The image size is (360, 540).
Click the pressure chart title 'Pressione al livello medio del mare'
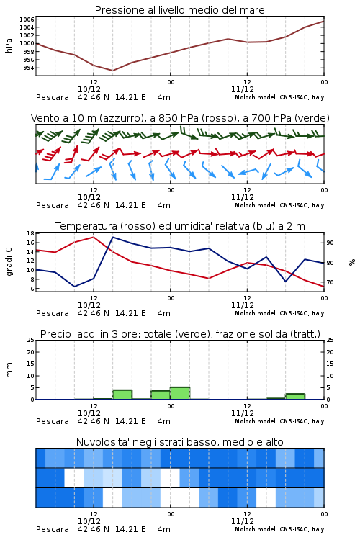pos(179,10)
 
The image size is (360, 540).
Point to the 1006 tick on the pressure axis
pos(26,19)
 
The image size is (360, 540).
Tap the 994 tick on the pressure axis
pos(28,68)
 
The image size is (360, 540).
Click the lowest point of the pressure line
pos(112,71)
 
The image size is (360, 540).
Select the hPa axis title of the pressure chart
pos(9,45)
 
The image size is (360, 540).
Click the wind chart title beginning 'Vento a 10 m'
pos(180,118)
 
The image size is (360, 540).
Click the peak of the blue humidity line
pos(113,238)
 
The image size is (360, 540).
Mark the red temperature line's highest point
pos(94,237)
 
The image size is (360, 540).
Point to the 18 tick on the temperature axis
pos(30,233)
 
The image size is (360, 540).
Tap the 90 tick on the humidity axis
pos(330,243)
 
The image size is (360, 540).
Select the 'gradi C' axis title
pos(9,262)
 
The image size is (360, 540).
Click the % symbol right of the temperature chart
pos(352,262)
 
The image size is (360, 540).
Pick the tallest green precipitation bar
pos(180,393)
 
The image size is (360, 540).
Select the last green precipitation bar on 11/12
pos(295,397)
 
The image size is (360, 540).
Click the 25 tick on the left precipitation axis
pos(30,341)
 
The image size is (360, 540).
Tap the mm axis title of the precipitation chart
pos(9,370)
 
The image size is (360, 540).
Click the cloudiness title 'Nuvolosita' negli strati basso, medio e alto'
pos(179,442)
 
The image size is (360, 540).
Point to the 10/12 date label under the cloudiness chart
pos(89,521)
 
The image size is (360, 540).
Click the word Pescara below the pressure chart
pos(53,97)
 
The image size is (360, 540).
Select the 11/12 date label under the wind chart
pos(242,198)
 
